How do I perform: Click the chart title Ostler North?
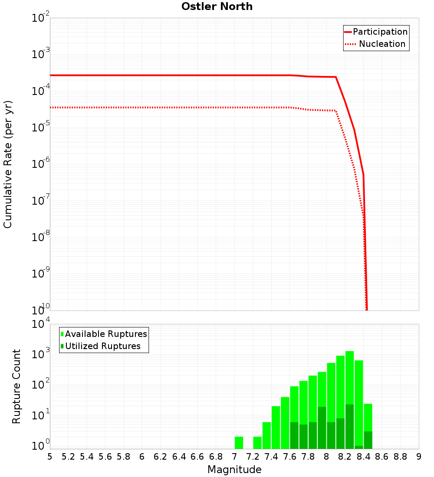[217, 7]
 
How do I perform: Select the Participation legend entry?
[376, 32]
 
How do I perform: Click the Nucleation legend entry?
[376, 44]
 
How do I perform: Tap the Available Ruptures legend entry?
[104, 334]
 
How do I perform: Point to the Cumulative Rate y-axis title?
[8, 164]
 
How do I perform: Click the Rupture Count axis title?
[16, 386]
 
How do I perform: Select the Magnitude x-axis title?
[234, 470]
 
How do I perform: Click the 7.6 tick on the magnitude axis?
[289, 456]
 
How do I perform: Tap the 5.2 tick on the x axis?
[68, 456]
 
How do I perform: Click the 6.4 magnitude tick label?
[179, 456]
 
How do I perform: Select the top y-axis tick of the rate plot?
[41, 18]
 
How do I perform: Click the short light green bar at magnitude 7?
[239, 443]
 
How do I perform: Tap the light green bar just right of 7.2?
[257, 443]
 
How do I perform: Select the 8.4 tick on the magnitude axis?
[363, 456]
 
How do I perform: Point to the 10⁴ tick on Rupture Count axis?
[41, 324]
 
